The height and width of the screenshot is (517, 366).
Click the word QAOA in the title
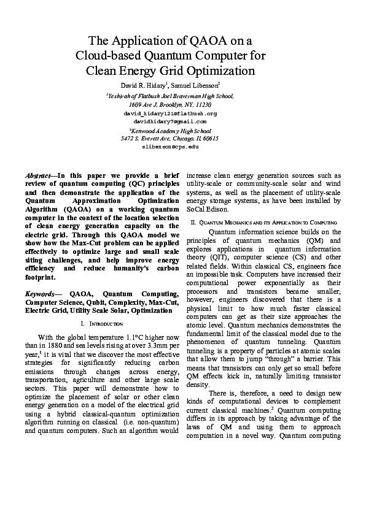[x=207, y=41]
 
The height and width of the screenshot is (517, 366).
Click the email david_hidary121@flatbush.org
[x=170, y=113]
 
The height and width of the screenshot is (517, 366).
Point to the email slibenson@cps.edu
[x=170, y=147]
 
